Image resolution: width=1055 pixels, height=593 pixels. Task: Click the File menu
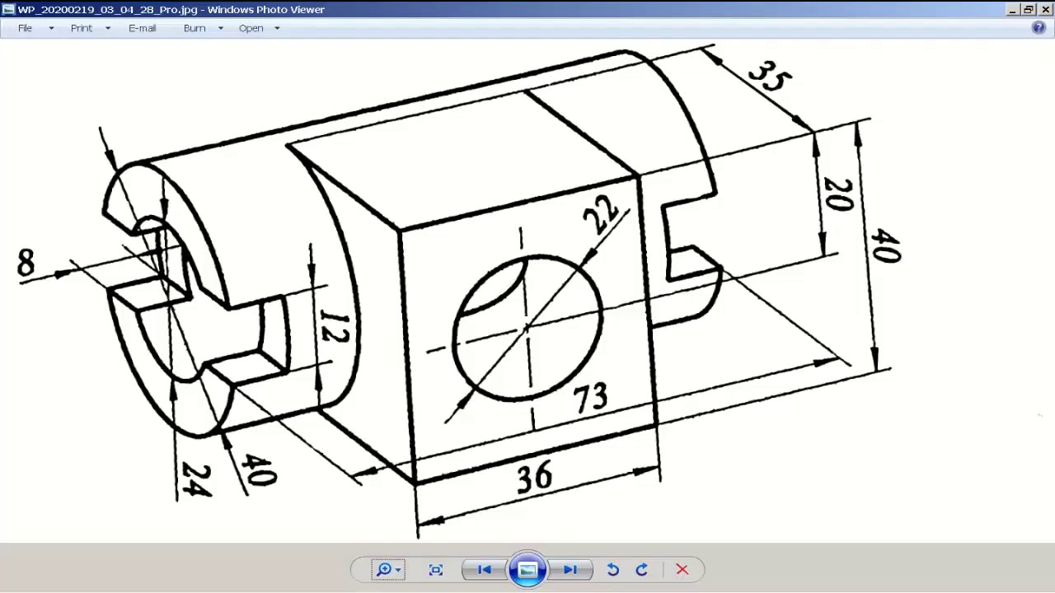pos(26,28)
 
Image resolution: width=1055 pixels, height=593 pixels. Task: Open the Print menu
pos(82,28)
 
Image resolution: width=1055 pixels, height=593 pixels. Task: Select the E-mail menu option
pos(142,28)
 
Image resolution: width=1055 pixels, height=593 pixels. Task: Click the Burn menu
pos(195,28)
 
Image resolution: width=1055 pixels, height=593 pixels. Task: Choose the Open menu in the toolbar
pos(251,28)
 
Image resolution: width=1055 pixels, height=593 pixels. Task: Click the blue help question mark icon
pos(1039,27)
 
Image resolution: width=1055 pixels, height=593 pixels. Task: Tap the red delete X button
pos(682,569)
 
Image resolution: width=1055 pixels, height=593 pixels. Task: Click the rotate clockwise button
pos(642,569)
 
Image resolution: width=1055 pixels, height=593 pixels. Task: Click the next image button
pos(570,569)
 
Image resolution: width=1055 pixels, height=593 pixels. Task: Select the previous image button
pos(485,569)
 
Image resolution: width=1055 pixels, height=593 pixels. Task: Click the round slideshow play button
pos(527,569)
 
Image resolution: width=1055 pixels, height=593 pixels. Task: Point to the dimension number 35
pos(770,76)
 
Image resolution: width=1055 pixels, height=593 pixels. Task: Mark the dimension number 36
pos(534,477)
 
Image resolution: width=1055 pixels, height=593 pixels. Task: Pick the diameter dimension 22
pos(601,213)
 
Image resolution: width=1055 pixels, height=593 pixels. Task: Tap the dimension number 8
pos(26,264)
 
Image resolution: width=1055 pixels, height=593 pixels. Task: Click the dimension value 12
pos(334,327)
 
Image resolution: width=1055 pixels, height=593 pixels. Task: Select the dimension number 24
pos(196,479)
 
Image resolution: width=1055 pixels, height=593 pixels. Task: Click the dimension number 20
pos(838,194)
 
